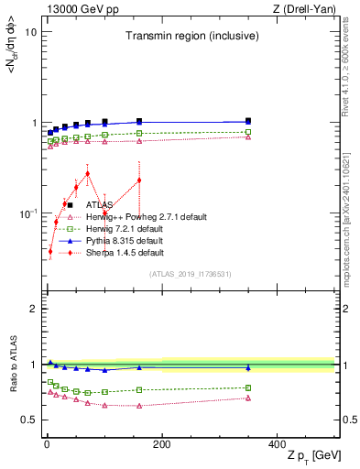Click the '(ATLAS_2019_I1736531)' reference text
(190, 274)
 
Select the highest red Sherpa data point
(88, 173)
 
